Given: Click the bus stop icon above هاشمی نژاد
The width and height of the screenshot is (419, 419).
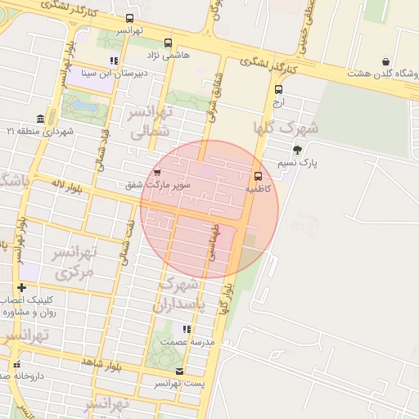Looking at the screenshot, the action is coord(169,43).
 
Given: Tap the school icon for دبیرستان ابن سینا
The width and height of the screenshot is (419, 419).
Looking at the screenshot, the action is coord(114,61).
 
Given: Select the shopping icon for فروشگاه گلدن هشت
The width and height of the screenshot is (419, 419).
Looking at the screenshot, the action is coord(385,61).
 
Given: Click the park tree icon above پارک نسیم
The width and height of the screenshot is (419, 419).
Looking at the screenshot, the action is coord(296,150).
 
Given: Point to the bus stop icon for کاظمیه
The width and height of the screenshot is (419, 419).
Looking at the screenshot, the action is coord(259,176).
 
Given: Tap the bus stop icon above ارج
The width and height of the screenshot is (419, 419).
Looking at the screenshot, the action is coord(279,90).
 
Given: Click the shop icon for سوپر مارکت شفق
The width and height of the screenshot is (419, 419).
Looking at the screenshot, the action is coord(156,173).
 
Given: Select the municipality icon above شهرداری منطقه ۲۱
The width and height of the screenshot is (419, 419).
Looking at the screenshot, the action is coord(40,119).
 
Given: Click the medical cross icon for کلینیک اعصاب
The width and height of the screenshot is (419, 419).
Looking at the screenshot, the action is coord(21,287).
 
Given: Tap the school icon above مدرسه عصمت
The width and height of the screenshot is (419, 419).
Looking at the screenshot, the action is coord(187,329).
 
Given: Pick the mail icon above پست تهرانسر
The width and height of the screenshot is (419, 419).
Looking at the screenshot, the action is coord(179,371).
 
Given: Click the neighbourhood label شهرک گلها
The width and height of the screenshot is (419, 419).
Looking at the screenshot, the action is coord(285,128).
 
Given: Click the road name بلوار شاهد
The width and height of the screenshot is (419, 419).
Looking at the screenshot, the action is coord(101,363).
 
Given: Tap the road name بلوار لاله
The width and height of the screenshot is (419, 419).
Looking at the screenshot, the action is coord(66,188).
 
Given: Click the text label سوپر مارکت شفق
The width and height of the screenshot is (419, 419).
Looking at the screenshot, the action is coord(157,186).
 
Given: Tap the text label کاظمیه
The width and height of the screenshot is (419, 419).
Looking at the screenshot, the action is coord(258,189).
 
